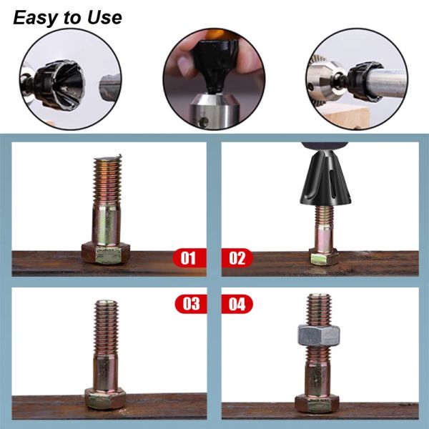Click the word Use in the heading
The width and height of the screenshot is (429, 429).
(x=104, y=17)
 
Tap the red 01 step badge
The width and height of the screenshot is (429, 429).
(x=189, y=257)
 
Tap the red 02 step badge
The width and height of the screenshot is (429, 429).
(x=237, y=257)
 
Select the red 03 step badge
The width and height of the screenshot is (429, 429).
(x=191, y=304)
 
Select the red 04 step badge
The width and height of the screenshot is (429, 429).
(x=237, y=304)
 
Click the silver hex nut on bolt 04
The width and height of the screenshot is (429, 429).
(x=319, y=335)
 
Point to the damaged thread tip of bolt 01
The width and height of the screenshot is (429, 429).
(x=108, y=159)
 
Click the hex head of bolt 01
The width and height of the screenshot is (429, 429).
(x=106, y=253)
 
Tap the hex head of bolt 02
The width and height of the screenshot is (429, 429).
(x=324, y=257)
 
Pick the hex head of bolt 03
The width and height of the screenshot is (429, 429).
(x=105, y=398)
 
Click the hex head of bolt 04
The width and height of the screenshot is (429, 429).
(x=317, y=404)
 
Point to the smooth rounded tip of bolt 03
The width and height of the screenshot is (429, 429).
(x=106, y=303)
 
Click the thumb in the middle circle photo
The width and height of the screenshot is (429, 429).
(x=185, y=66)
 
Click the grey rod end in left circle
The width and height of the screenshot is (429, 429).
(x=109, y=88)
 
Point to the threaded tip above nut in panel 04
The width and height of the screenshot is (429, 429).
(x=319, y=310)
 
